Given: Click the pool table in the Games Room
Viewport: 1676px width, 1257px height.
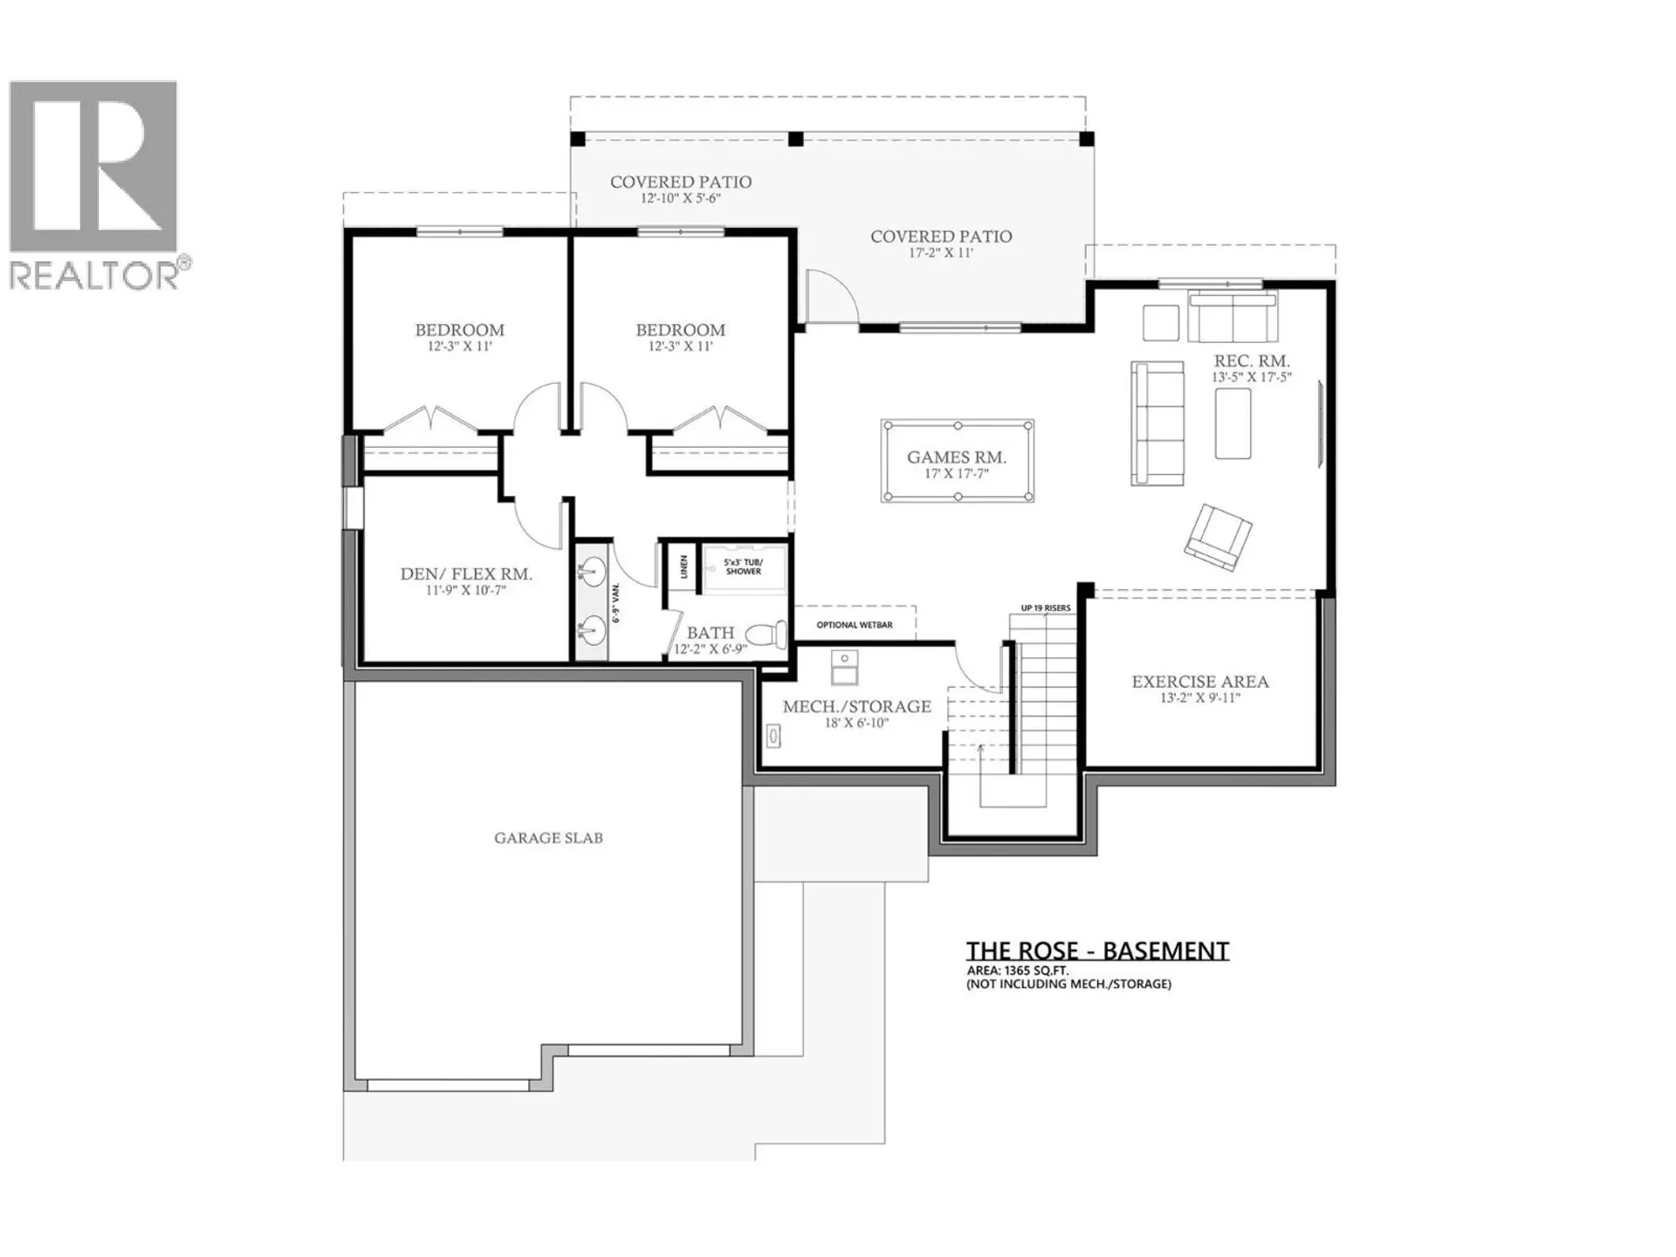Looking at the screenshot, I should [x=958, y=461].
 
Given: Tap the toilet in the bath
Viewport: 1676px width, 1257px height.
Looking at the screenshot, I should [x=767, y=634].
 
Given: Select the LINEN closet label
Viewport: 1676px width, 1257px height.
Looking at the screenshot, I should [x=683, y=567].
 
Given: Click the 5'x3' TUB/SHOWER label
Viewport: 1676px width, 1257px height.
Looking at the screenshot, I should [x=743, y=567].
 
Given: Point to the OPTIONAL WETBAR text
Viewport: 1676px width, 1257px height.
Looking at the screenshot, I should [x=855, y=625].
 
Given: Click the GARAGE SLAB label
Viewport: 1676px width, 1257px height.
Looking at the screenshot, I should [x=548, y=838].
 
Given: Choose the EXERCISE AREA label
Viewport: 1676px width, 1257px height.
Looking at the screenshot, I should [x=1200, y=682].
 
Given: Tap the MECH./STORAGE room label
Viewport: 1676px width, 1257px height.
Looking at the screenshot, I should [x=856, y=707].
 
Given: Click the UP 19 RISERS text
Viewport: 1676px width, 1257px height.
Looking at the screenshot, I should [x=1045, y=608].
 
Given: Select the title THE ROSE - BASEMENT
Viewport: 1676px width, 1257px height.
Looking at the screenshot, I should [x=1097, y=951].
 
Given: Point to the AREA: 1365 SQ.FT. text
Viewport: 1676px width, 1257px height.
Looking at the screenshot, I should [x=1017, y=971].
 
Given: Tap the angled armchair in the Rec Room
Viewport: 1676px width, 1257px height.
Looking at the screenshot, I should [x=1219, y=537].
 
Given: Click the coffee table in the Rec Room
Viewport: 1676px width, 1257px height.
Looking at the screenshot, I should [x=1233, y=423].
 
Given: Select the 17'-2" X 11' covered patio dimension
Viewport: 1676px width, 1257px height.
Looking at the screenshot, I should [x=940, y=253].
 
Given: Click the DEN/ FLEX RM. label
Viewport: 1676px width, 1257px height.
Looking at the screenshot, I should [x=466, y=574].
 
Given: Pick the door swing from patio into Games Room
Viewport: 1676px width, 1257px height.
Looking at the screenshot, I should [x=829, y=297].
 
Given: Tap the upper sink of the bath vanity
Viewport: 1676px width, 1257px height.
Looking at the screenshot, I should [x=591, y=574].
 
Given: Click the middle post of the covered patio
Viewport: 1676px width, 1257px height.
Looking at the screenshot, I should [x=795, y=139].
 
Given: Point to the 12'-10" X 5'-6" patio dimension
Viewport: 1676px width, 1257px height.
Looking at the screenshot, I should [x=680, y=199].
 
